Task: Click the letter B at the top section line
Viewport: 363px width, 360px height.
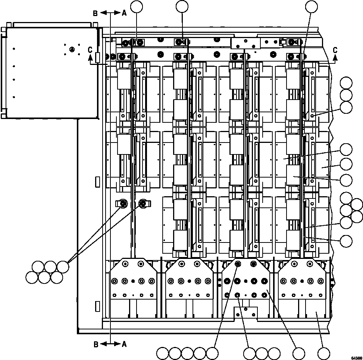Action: [96, 13]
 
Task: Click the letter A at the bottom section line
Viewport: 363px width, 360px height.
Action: [124, 344]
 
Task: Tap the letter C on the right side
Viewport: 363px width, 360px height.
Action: [335, 50]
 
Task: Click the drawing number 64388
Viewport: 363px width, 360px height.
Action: [356, 357]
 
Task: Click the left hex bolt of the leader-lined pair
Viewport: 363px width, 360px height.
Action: [123, 203]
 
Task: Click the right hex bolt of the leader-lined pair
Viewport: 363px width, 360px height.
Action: [143, 203]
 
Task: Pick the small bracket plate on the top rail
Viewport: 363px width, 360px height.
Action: [245, 43]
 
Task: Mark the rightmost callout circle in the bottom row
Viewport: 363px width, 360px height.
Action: [323, 353]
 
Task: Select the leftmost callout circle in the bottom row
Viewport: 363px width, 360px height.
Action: [163, 353]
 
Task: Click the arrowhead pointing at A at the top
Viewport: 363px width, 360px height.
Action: [118, 13]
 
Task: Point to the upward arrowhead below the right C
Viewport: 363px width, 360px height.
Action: [335, 57]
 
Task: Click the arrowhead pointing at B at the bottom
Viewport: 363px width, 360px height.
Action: [102, 344]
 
